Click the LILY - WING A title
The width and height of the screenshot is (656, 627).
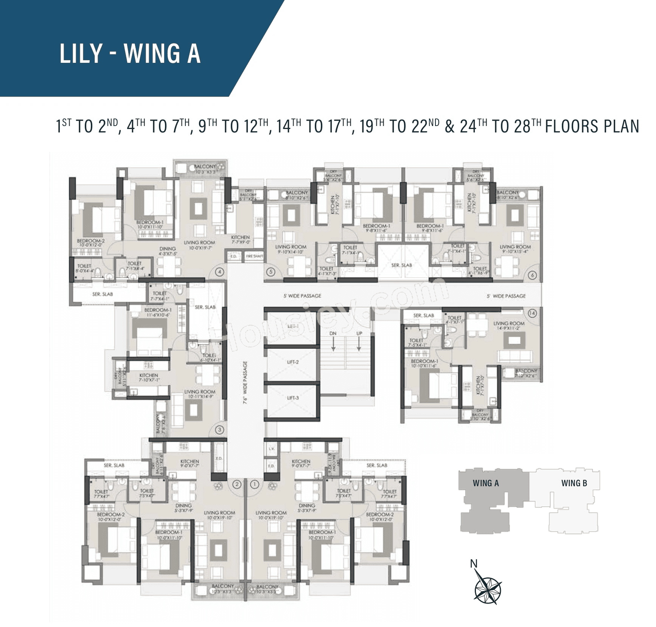point(130,53)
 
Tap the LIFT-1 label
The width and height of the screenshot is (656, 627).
point(293,326)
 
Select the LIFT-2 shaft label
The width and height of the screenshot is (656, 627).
point(293,362)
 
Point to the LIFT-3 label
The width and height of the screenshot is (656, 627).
point(293,398)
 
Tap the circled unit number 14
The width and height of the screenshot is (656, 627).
point(532,313)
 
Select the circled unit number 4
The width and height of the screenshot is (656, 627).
point(219,272)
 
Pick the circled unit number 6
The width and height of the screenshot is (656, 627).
point(532,275)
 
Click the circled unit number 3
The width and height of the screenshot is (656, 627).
point(219,429)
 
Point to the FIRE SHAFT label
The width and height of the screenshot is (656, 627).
point(254,256)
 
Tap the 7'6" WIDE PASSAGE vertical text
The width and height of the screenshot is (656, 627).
point(245,383)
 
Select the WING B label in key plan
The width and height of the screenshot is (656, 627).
point(574,483)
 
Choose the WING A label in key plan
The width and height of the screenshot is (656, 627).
point(486,483)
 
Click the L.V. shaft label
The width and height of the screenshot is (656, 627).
point(271,449)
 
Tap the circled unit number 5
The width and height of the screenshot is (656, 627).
point(270,272)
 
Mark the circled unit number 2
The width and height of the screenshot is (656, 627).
point(237,484)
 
